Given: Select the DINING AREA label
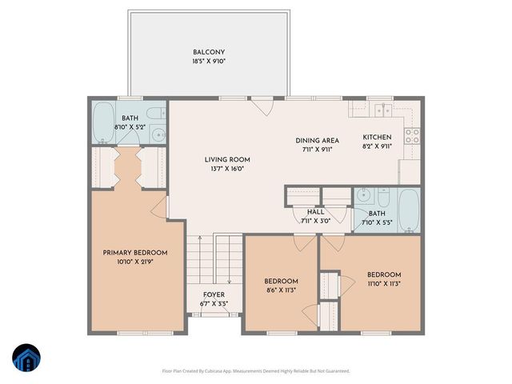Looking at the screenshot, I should (x=318, y=139).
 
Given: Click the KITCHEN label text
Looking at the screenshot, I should (x=378, y=137).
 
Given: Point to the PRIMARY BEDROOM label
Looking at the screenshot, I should (x=134, y=253).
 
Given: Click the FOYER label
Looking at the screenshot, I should (x=214, y=294).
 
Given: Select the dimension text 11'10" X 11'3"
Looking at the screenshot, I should (x=384, y=282).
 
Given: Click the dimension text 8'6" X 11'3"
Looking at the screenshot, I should (x=281, y=290).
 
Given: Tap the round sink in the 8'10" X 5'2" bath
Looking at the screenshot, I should (x=158, y=134).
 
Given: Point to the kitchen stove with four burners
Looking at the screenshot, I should (x=413, y=136).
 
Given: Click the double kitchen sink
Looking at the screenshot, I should (x=386, y=109).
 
